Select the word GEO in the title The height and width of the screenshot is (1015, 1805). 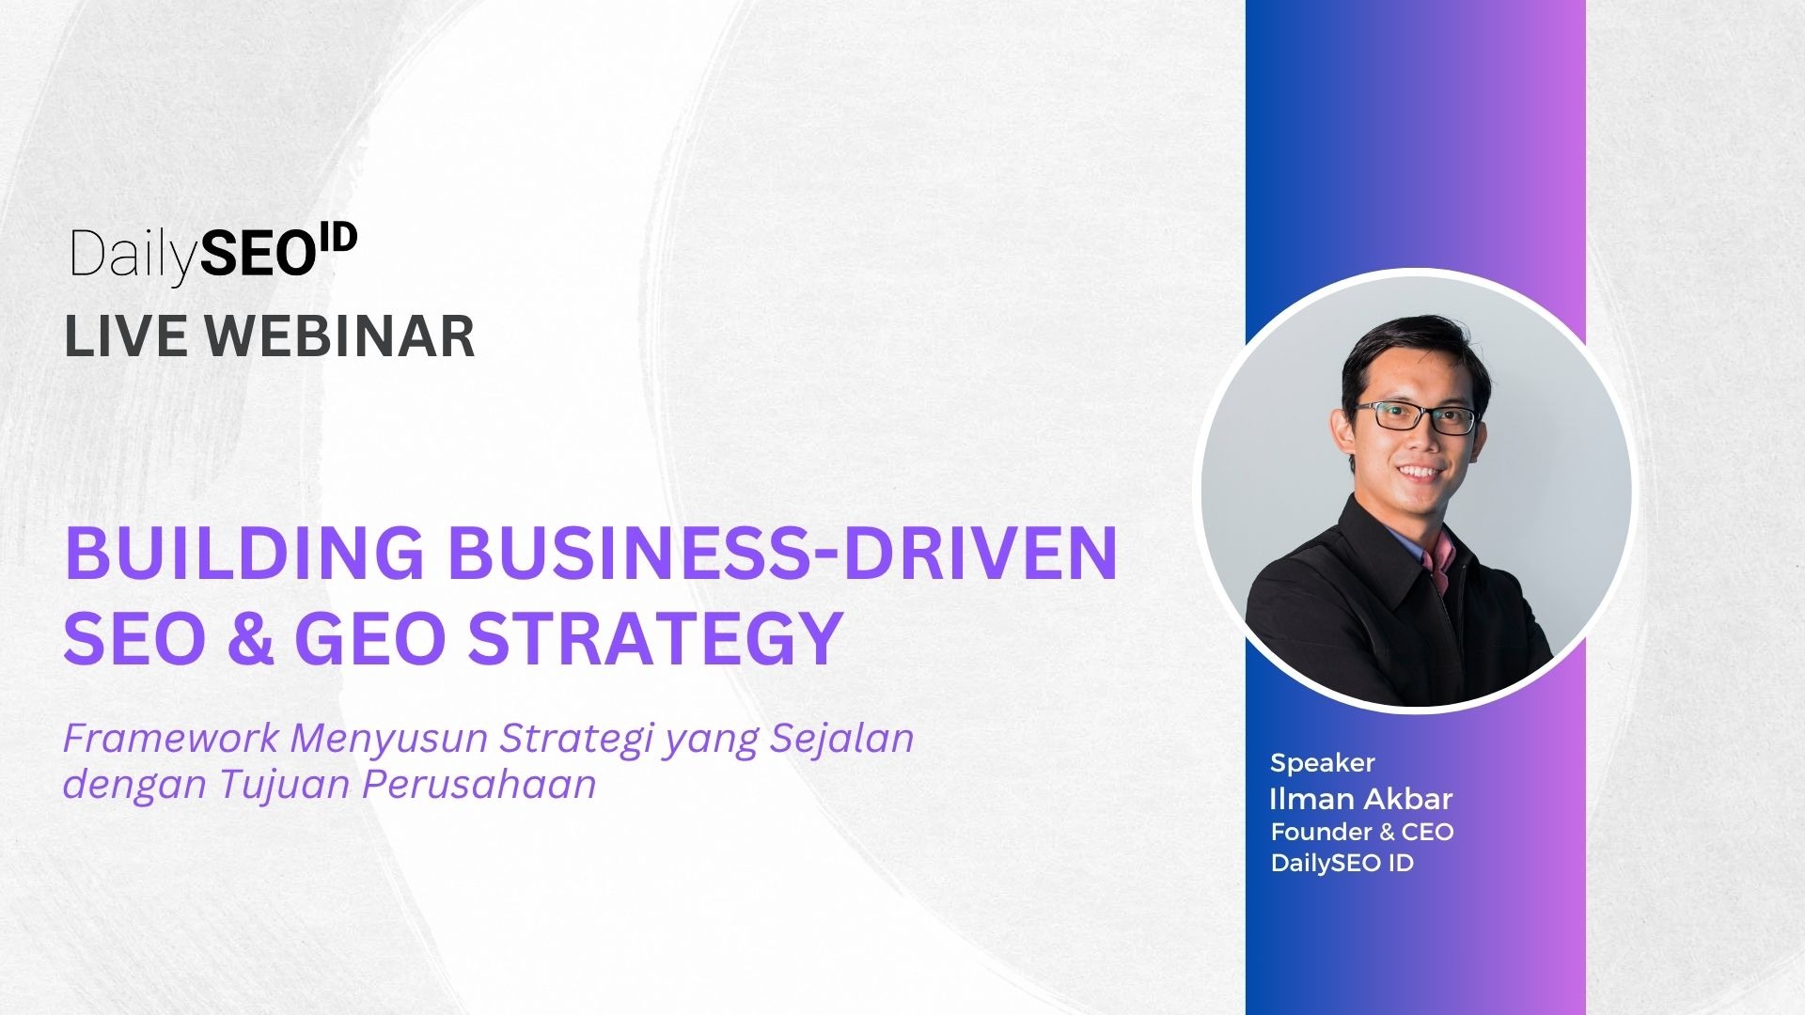pyautogui.click(x=369, y=638)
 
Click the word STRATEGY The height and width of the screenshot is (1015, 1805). pyautogui.click(x=654, y=638)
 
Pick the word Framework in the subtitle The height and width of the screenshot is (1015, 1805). pyautogui.click(x=171, y=739)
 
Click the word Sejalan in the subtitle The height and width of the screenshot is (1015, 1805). pyautogui.click(x=841, y=740)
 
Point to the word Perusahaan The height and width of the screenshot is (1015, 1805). pyautogui.click(x=479, y=784)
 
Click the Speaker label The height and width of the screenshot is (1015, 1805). pyautogui.click(x=1323, y=763)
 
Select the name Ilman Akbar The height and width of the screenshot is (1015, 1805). pyautogui.click(x=1361, y=799)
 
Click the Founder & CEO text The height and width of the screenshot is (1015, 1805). pyautogui.click(x=1362, y=832)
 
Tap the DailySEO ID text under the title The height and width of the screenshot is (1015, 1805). pyautogui.click(x=1342, y=863)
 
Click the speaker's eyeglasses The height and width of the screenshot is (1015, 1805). pyautogui.click(x=1415, y=416)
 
